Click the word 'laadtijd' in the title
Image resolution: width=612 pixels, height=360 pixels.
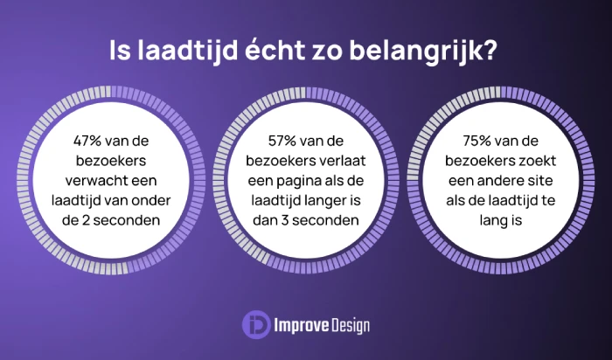[179, 51]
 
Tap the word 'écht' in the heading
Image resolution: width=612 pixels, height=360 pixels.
[263, 51]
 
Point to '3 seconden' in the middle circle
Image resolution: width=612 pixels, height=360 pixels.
[323, 219]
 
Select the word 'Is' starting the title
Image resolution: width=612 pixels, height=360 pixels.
[119, 51]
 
